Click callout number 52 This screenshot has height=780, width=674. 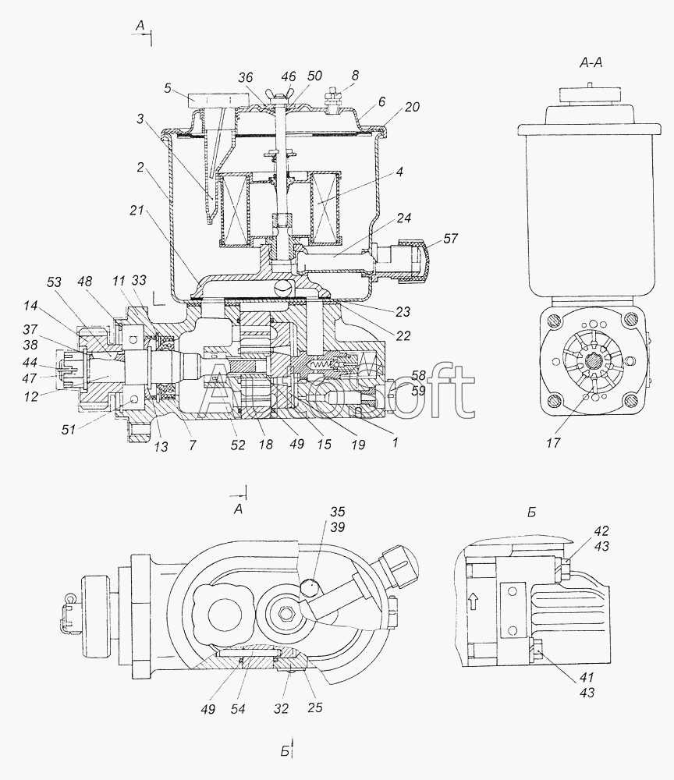pyautogui.click(x=237, y=444)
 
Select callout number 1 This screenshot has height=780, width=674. pyautogui.click(x=395, y=443)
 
